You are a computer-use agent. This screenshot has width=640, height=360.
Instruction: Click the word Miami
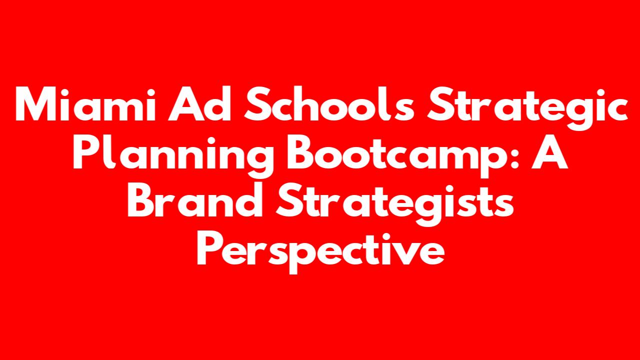point(85,104)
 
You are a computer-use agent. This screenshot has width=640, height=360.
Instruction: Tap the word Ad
point(199,104)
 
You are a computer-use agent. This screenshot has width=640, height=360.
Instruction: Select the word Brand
point(194,200)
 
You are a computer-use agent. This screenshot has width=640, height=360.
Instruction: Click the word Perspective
point(320,253)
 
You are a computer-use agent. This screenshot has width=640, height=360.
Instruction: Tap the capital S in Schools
point(257,103)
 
